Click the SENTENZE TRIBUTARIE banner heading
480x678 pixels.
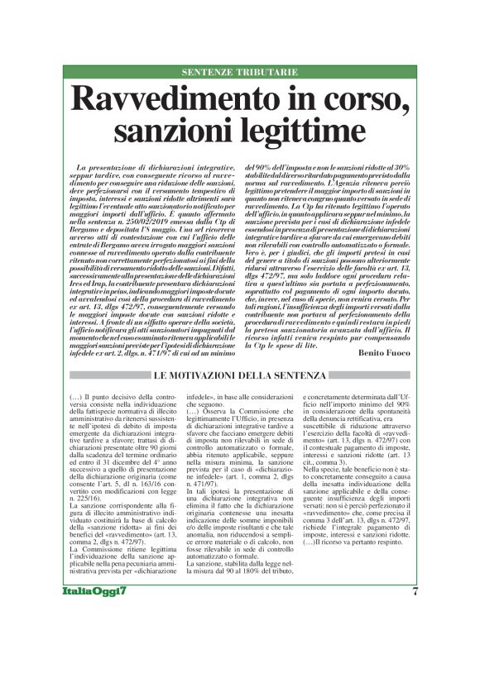tap(240, 73)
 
